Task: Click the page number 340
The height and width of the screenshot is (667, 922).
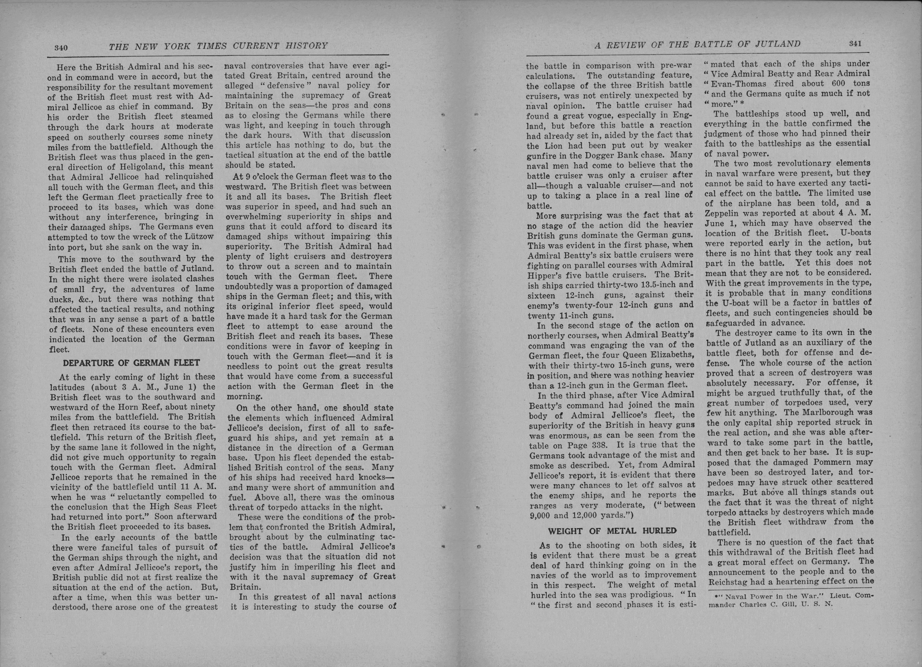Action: (61, 48)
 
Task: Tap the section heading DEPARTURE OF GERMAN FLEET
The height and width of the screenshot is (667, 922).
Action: (131, 363)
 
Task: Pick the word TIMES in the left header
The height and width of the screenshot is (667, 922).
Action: (212, 46)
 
